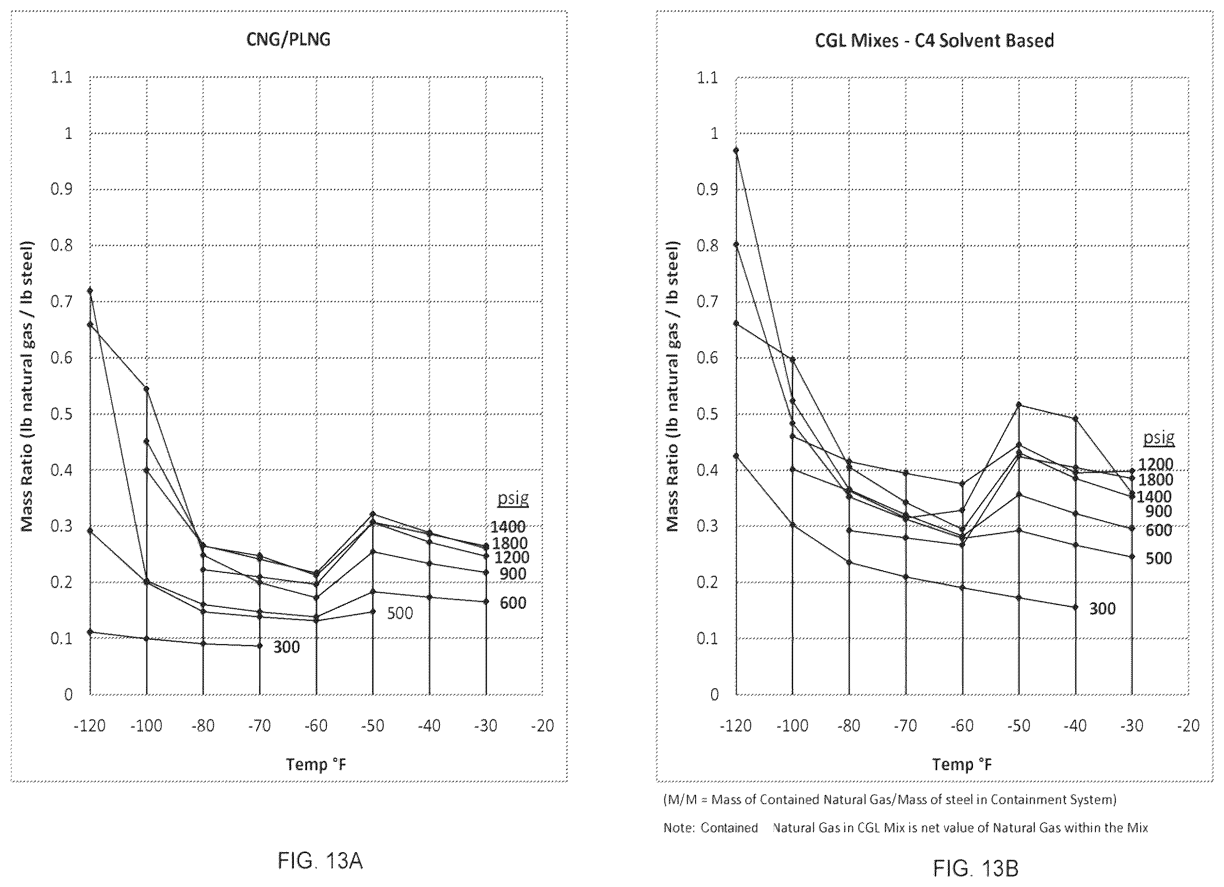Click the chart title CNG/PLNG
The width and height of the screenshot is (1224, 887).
(288, 40)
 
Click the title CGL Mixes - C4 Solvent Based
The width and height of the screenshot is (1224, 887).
(934, 40)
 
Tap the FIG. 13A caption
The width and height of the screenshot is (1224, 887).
(320, 861)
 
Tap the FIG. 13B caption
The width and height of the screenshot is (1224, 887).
(976, 869)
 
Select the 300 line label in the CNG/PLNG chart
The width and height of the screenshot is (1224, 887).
(286, 647)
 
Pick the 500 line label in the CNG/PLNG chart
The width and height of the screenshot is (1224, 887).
(400, 613)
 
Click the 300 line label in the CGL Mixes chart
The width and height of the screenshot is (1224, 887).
(1102, 609)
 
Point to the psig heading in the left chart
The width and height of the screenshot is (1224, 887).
(513, 499)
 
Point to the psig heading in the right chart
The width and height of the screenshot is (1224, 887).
(1159, 438)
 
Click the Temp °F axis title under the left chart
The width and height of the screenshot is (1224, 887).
(316, 764)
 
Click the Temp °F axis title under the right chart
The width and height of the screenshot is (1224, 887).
(962, 764)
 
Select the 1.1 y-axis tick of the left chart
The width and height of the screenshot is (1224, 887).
(62, 78)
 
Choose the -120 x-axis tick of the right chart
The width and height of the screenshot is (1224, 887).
(736, 726)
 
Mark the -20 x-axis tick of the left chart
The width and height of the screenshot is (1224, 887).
(543, 726)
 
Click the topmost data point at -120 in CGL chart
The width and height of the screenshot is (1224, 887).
(736, 150)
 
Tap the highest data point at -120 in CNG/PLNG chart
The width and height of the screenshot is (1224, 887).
(90, 290)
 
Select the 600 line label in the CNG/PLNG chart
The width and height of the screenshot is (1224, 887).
(513, 603)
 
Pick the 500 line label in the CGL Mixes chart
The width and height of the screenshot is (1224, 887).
(1159, 558)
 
